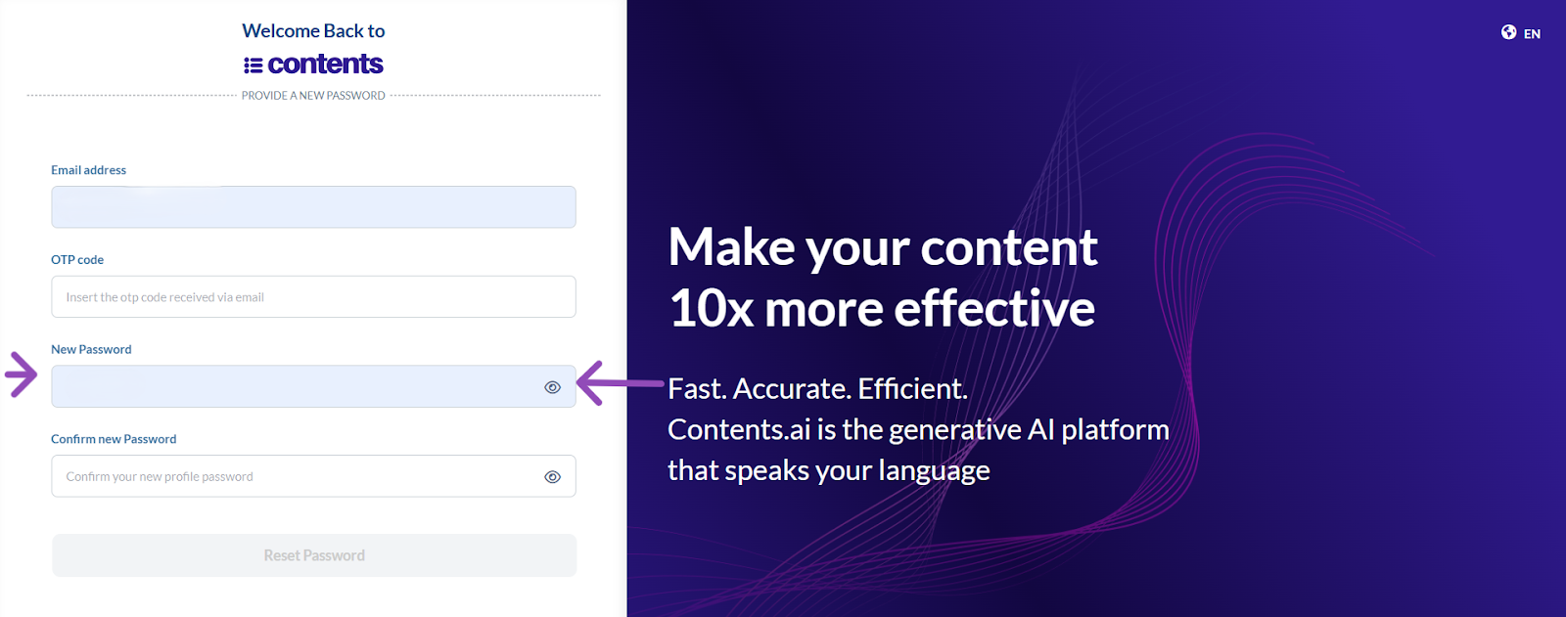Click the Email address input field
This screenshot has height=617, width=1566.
(x=313, y=207)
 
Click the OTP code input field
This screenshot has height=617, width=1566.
(x=313, y=296)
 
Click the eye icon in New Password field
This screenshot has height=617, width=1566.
(x=552, y=387)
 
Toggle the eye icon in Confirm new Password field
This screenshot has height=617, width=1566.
(x=552, y=476)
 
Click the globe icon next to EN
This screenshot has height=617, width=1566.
(x=1508, y=32)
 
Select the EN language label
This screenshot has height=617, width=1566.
(x=1532, y=33)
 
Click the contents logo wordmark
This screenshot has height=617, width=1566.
(x=325, y=65)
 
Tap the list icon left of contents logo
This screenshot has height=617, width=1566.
(x=253, y=65)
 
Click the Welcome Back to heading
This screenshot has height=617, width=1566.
(x=313, y=30)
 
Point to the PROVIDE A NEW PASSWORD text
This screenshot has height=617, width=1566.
(x=313, y=96)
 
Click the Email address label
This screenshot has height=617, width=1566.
(x=89, y=170)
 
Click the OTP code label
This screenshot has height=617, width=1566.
(x=77, y=259)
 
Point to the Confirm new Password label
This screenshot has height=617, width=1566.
(x=114, y=439)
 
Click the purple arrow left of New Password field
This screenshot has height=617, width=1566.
(x=22, y=375)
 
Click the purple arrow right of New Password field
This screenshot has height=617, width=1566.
(x=621, y=383)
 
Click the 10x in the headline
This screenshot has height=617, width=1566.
(x=711, y=309)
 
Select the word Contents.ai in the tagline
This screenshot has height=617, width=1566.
(x=739, y=429)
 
